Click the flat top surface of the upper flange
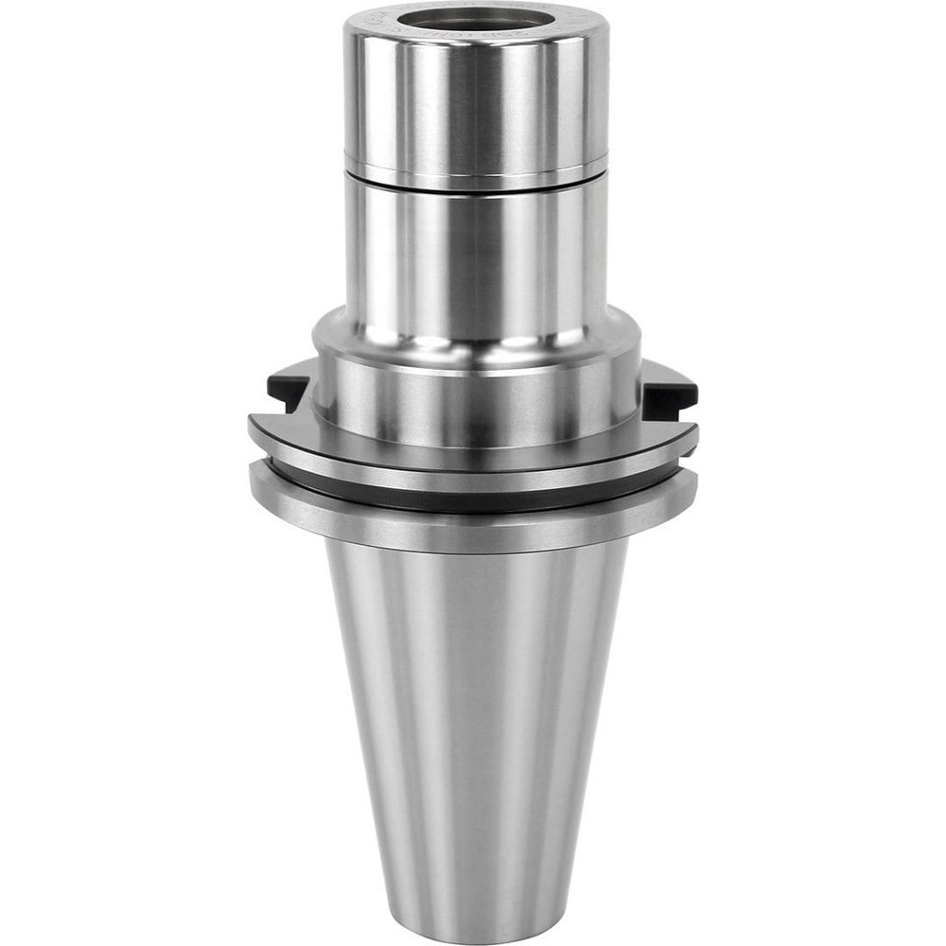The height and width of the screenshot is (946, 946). tap(284, 421)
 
